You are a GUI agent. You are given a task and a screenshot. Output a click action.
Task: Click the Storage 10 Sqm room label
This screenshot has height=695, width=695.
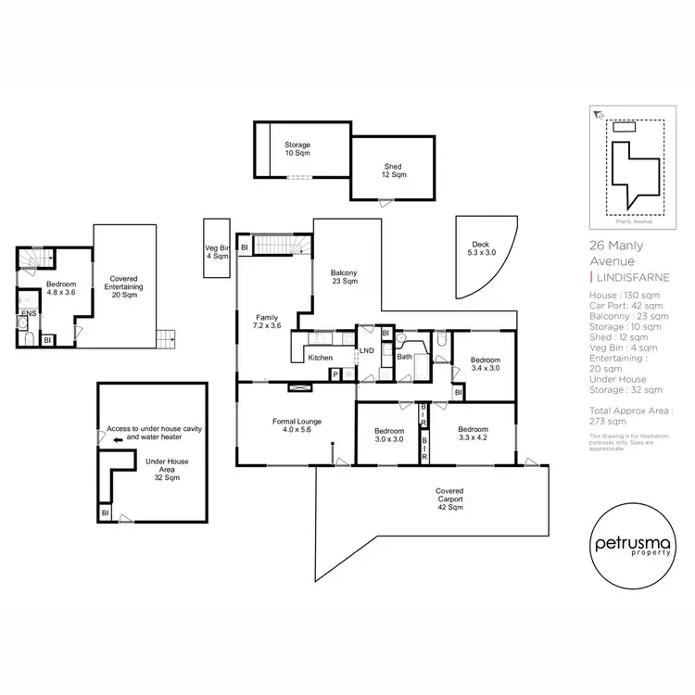[x=297, y=149]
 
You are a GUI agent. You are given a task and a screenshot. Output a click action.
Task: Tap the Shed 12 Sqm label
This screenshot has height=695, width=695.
[x=394, y=171]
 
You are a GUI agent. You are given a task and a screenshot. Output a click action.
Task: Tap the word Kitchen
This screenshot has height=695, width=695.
[x=320, y=357]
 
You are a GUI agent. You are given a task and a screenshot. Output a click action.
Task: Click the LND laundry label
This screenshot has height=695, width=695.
[x=366, y=349]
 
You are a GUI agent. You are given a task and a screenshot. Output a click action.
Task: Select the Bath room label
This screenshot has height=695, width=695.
[x=405, y=356]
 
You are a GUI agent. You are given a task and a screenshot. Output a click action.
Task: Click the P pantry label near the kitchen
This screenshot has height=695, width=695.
[x=335, y=373]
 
